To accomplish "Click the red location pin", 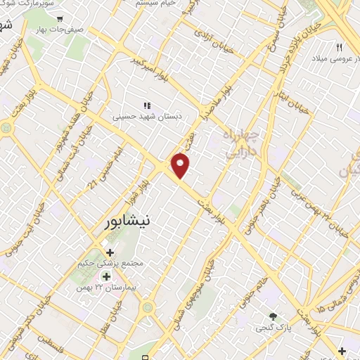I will point(181,165).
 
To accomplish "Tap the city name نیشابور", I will point(126,219).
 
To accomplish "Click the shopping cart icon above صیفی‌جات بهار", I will point(60,19).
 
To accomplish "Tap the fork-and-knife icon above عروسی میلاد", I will point(339,48).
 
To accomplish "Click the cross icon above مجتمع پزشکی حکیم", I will point(110,252).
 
